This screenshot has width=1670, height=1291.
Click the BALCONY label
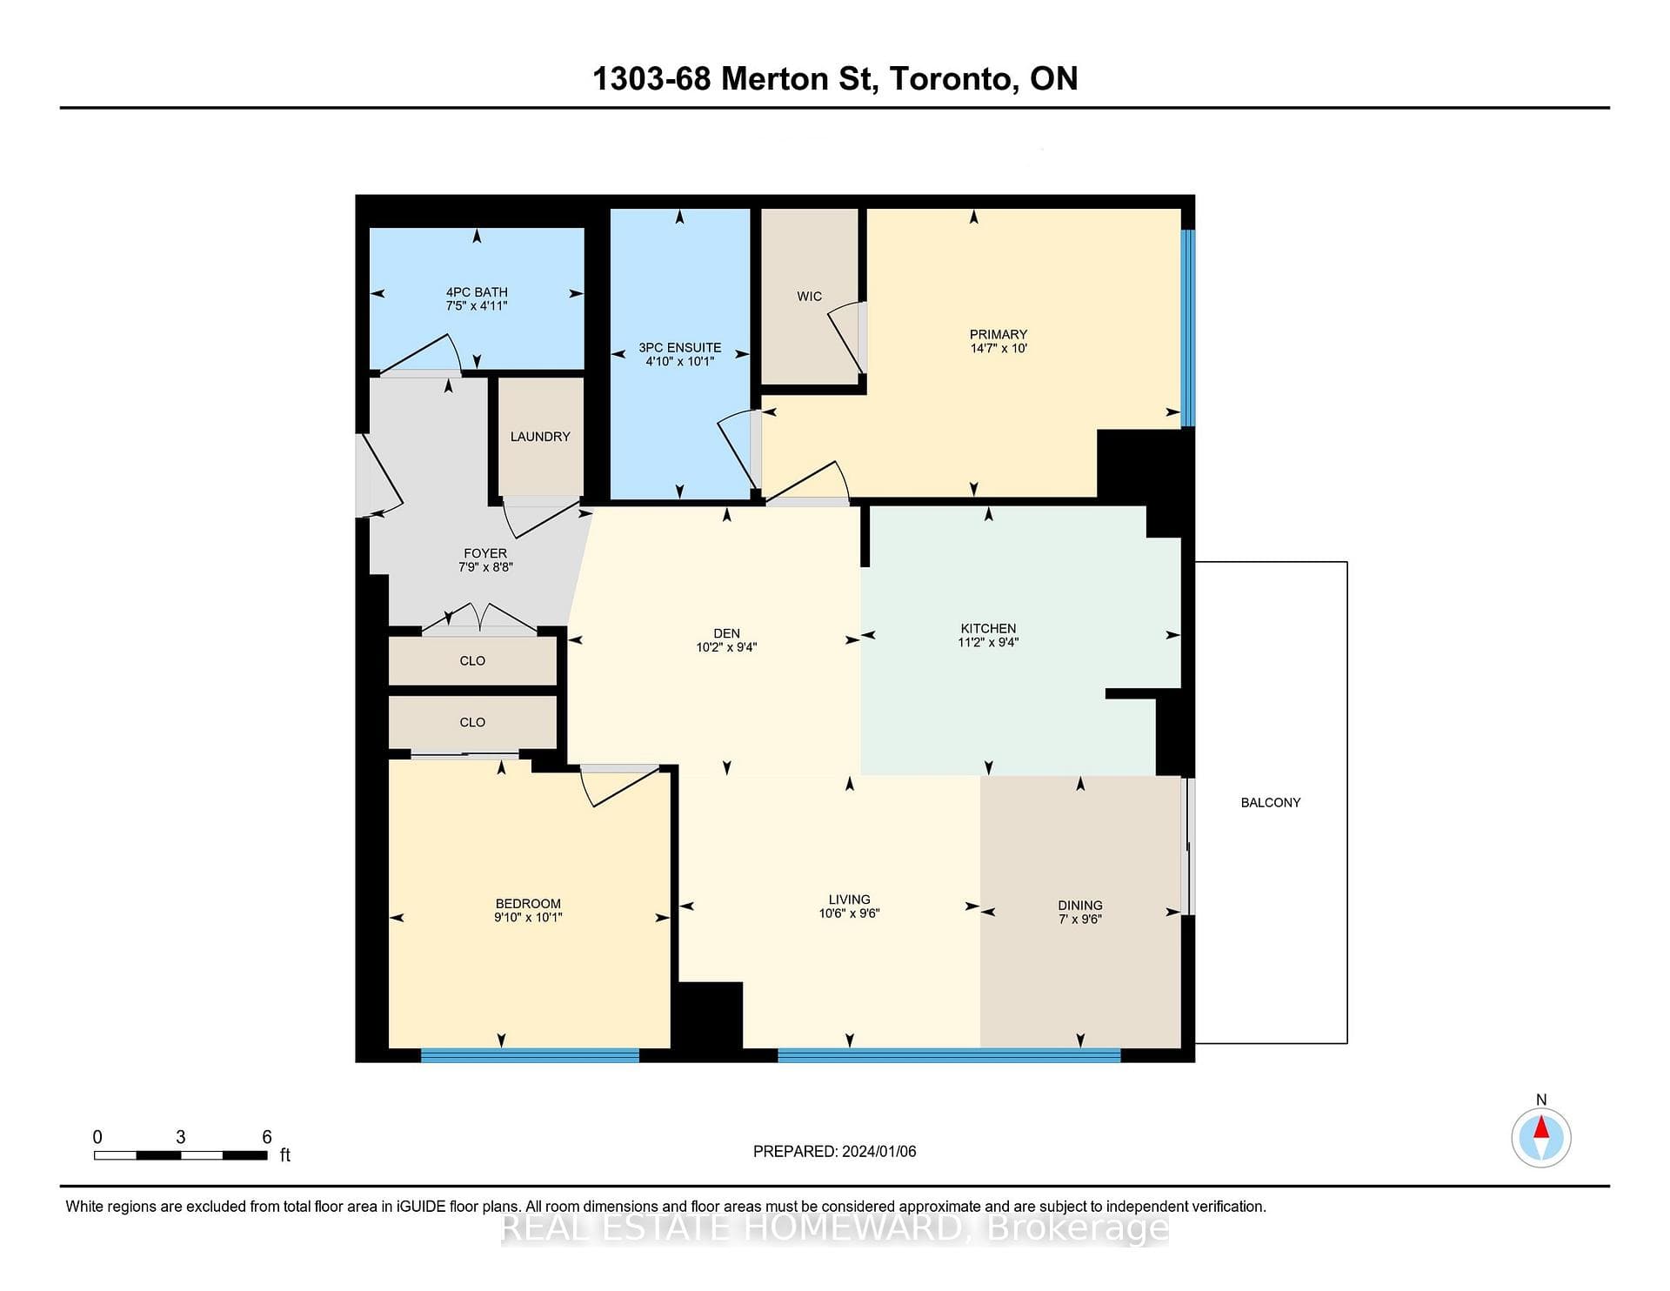point(1270,802)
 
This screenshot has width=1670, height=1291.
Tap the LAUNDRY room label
point(540,436)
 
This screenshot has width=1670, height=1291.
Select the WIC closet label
point(809,296)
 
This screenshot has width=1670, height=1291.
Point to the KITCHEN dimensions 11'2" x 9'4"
point(988,642)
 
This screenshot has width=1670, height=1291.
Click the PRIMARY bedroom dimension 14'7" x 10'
point(999,348)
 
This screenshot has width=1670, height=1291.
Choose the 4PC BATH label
point(477,292)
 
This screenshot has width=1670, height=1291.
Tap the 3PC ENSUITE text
point(679,347)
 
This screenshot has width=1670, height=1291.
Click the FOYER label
point(485,553)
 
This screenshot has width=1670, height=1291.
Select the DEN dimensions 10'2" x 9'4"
point(726,647)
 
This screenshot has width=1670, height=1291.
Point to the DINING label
point(1080,905)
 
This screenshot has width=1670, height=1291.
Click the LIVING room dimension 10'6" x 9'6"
point(849,913)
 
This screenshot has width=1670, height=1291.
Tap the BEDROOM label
point(528,903)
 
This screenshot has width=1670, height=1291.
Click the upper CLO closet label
point(472,660)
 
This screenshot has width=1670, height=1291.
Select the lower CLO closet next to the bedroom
point(472,722)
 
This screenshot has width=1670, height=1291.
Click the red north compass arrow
point(1541,1127)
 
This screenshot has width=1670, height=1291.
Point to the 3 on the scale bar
point(181,1137)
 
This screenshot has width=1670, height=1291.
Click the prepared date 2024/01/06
point(878,1151)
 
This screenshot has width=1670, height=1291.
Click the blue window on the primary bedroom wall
point(1188,328)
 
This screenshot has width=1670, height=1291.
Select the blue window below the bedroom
point(530,1055)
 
